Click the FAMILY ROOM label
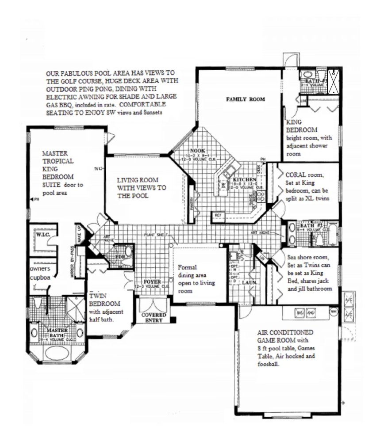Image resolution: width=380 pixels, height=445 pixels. (x=246, y=99)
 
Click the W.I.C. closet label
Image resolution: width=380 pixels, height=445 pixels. (x=43, y=234)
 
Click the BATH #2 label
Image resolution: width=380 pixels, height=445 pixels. (x=308, y=224)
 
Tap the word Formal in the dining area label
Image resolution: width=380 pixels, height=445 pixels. (x=186, y=267)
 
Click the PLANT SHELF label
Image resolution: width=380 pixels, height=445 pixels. (x=155, y=234)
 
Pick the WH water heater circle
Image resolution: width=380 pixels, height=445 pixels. (x=334, y=311)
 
